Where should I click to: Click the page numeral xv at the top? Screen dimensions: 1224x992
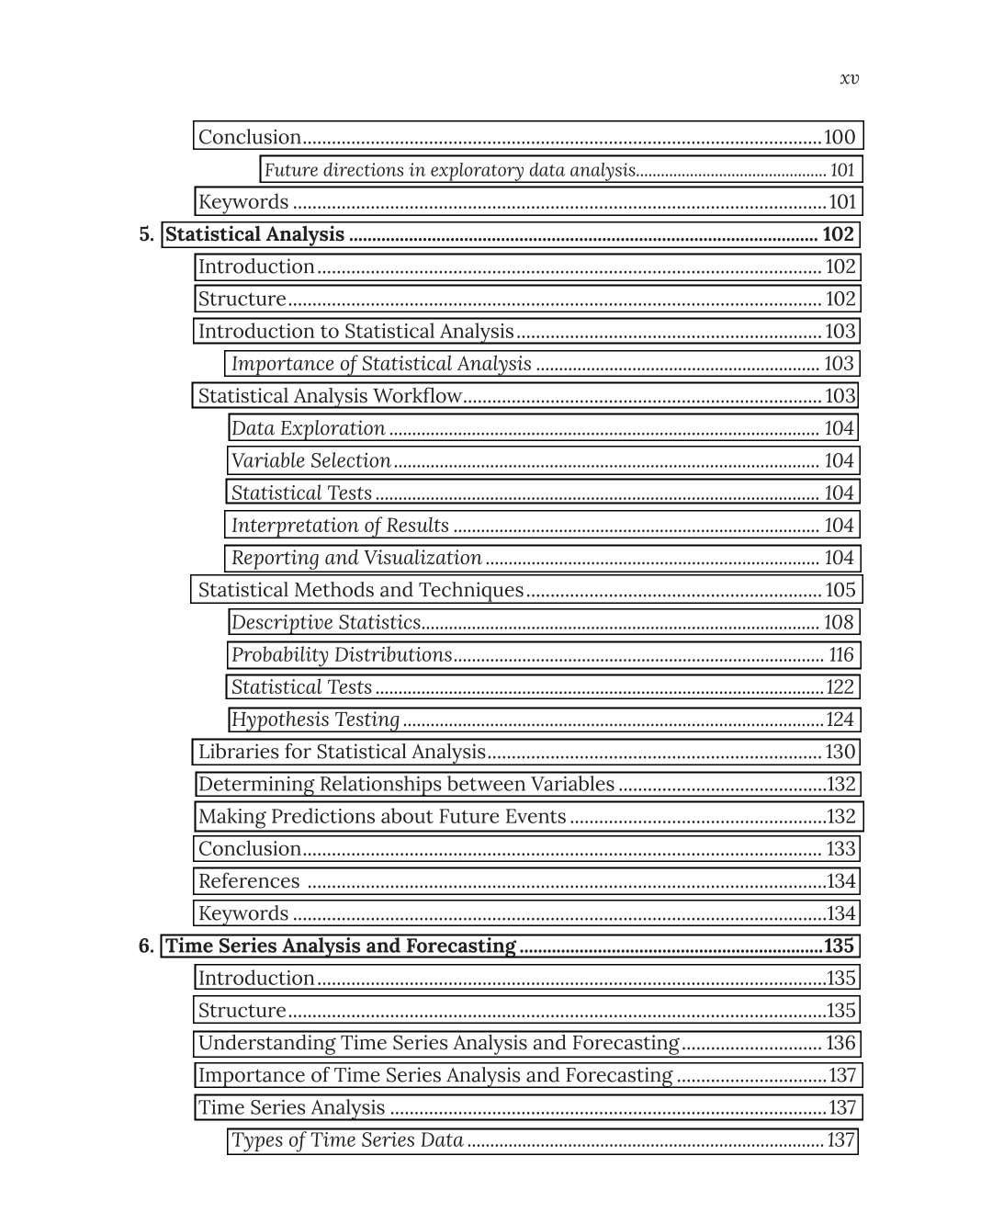[x=849, y=78]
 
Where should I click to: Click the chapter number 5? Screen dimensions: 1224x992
[x=146, y=234]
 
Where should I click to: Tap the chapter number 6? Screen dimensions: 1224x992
[x=146, y=946]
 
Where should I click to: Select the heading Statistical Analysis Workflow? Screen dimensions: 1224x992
[x=330, y=396]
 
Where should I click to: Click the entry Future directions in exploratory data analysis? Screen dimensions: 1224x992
[x=450, y=170]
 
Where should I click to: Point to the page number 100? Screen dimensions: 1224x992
[x=840, y=137]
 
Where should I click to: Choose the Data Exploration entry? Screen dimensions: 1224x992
[x=309, y=428]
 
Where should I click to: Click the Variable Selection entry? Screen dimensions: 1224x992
[x=311, y=460]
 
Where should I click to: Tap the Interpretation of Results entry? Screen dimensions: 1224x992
[x=340, y=526]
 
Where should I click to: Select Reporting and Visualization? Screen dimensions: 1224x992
[x=356, y=558]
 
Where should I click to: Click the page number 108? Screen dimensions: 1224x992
[x=839, y=622]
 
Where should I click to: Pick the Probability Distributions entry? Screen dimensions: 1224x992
[x=342, y=655]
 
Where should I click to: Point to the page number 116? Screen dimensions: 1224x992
[x=841, y=655]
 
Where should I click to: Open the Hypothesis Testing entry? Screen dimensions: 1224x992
[x=316, y=720]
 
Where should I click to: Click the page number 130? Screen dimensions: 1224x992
[x=840, y=752]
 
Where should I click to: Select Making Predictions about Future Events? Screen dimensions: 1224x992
[x=382, y=816]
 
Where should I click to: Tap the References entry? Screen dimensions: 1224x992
[x=249, y=881]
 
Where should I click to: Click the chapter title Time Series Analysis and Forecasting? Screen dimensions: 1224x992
[x=341, y=946]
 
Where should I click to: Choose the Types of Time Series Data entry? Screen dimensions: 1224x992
[x=347, y=1140]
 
